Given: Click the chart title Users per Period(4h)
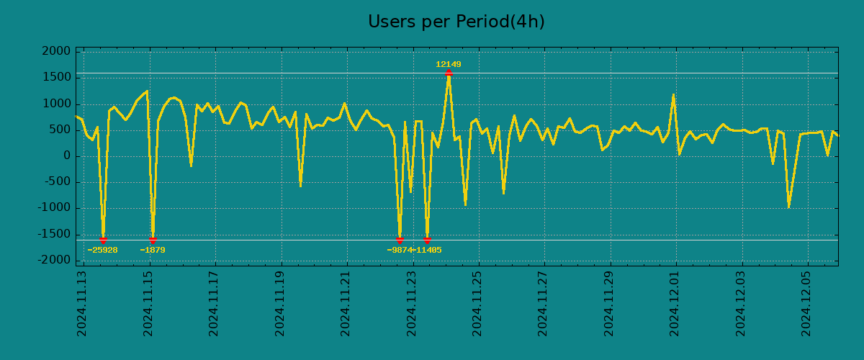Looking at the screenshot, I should pos(456,22).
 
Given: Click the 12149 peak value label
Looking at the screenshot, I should pos(448,65).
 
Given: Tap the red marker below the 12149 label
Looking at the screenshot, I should pos(449,73).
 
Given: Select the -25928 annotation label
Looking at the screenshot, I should pos(102,251).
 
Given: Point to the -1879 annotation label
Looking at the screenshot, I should pos(153,251).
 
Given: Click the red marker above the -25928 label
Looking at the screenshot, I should pos(103,240).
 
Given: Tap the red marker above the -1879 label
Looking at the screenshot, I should pos(153,240).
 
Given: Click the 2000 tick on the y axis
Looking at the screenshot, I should pos(57,52).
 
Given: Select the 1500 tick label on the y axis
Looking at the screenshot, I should pos(57,78).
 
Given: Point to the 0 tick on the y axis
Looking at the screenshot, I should pos(67,156).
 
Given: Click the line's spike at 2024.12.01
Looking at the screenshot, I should pos(673,95).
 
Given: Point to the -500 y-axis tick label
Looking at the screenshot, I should pos(57,182).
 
